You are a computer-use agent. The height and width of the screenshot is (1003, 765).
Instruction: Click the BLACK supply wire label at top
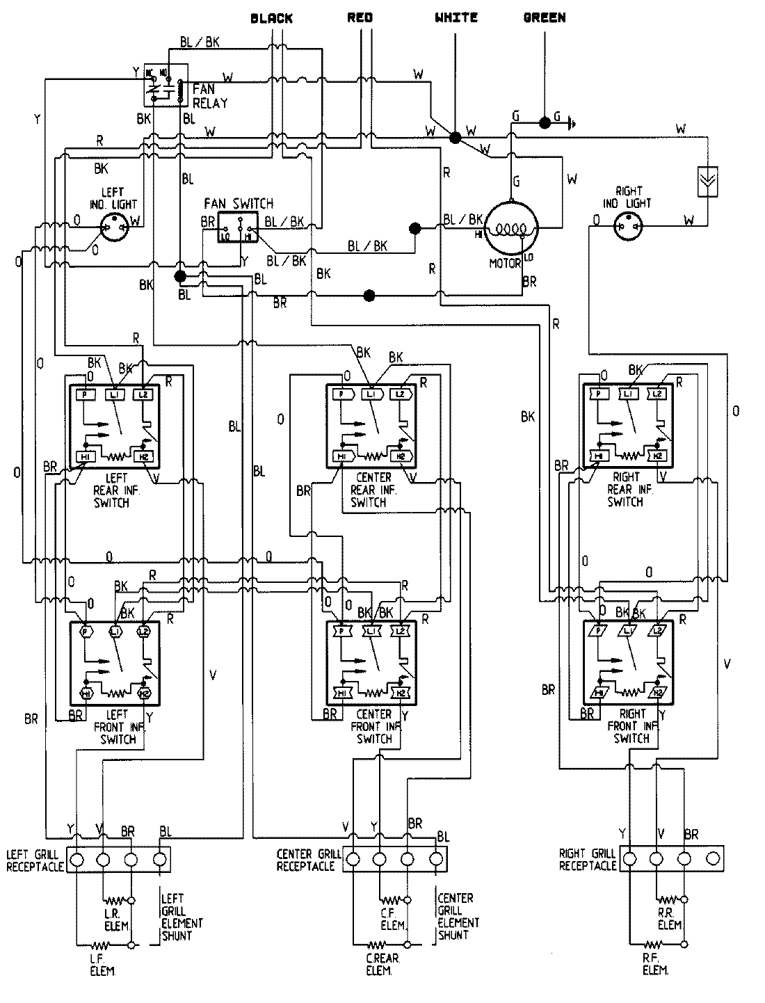272,18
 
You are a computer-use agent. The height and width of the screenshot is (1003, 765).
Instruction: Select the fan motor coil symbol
511,228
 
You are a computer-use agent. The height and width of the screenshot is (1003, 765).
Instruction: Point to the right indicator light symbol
628,223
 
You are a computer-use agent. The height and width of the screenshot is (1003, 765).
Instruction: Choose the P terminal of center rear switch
341,394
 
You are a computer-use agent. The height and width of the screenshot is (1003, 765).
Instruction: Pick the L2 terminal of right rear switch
657,394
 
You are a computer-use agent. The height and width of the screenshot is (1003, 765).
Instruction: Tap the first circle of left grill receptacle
76,860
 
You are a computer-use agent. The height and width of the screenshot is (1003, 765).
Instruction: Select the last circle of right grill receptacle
711,858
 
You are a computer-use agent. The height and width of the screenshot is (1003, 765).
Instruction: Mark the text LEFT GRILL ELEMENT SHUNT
182,917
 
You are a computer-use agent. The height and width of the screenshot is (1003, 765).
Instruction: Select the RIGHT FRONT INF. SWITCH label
631,726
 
